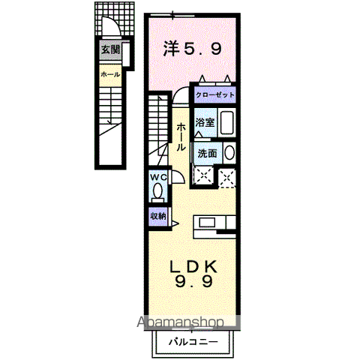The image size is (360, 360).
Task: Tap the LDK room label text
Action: click(x=192, y=265)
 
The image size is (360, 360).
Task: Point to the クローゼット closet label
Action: click(x=215, y=96)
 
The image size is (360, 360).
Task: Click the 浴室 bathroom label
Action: click(x=204, y=121)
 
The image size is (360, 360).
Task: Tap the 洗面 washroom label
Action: click(x=208, y=154)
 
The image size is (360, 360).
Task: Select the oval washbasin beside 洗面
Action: click(x=229, y=154)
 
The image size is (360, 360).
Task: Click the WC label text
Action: click(x=157, y=177)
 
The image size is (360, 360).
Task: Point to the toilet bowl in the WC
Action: click(x=157, y=191)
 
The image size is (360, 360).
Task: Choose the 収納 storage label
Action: click(x=157, y=216)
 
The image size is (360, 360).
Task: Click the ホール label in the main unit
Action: click(x=181, y=138)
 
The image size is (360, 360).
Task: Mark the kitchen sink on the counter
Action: click(x=206, y=222)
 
